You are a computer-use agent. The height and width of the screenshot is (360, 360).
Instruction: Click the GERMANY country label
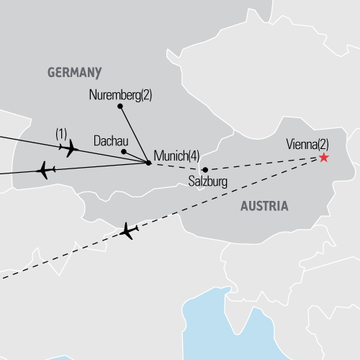point(74,73)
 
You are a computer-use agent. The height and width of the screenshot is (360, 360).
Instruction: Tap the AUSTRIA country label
point(264,206)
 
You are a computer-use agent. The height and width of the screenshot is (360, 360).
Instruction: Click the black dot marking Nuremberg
point(120,106)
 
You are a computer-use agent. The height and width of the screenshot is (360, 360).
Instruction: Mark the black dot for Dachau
point(124,152)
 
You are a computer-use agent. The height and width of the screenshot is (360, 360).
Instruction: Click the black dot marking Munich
point(148,163)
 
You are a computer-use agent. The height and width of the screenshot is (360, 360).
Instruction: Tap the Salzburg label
point(208,182)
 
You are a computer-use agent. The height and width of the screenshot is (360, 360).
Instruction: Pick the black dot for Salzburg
point(205,170)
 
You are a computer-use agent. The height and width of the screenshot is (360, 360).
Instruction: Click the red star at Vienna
point(323,157)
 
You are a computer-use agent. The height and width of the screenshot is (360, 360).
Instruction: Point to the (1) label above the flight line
point(62,134)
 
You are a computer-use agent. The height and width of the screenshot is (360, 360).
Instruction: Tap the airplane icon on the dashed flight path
point(130,232)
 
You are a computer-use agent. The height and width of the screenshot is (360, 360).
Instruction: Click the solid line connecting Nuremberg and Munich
point(134,135)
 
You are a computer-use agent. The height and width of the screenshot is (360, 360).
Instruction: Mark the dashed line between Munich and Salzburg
point(176,166)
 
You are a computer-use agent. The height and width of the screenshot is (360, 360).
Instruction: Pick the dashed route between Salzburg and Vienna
point(263,163)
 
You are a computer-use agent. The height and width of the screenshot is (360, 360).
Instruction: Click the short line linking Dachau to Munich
point(136,157)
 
